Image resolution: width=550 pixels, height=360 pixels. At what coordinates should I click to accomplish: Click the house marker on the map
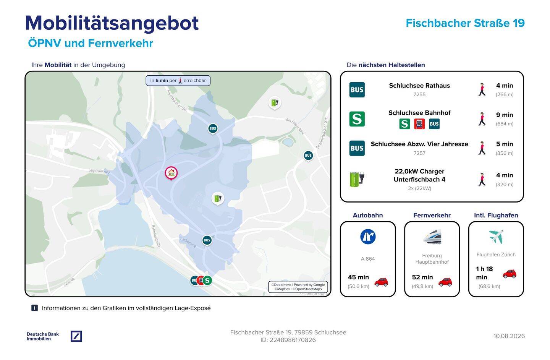[x=171, y=173]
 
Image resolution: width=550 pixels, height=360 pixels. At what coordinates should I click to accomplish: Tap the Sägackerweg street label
[x=99, y=171]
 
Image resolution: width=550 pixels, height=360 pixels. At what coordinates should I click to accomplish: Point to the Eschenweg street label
[x=188, y=242]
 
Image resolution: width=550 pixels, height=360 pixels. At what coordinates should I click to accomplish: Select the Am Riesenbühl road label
[x=295, y=126]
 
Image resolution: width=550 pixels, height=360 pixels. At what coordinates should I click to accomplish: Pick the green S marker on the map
[x=207, y=280]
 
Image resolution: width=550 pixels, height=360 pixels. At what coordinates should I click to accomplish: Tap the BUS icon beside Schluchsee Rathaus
[x=357, y=90]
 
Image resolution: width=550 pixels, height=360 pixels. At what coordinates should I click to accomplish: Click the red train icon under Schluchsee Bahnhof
[x=419, y=124]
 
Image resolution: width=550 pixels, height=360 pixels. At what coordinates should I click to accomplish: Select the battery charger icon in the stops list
[x=357, y=179]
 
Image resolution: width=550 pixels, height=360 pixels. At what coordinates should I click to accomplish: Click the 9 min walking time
[x=504, y=115]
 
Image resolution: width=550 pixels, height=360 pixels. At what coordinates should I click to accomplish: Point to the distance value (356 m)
[x=504, y=153]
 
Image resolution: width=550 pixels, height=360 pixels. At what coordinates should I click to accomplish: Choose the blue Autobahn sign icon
[x=367, y=237]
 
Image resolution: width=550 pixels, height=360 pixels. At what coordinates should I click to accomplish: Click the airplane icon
[x=496, y=237]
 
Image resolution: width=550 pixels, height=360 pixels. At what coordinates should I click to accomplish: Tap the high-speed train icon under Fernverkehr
[x=432, y=237]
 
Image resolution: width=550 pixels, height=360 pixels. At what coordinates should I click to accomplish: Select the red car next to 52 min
[x=445, y=282]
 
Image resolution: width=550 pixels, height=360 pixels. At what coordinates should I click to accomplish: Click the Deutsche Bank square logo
[x=76, y=336]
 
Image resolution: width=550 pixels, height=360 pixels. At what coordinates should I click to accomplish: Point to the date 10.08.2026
[x=509, y=336]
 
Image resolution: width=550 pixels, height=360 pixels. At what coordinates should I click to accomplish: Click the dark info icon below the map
[x=35, y=308]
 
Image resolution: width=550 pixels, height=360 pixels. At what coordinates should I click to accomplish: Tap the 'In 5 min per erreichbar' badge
[x=178, y=81]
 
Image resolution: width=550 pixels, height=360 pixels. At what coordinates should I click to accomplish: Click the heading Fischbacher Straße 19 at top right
[x=465, y=23]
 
